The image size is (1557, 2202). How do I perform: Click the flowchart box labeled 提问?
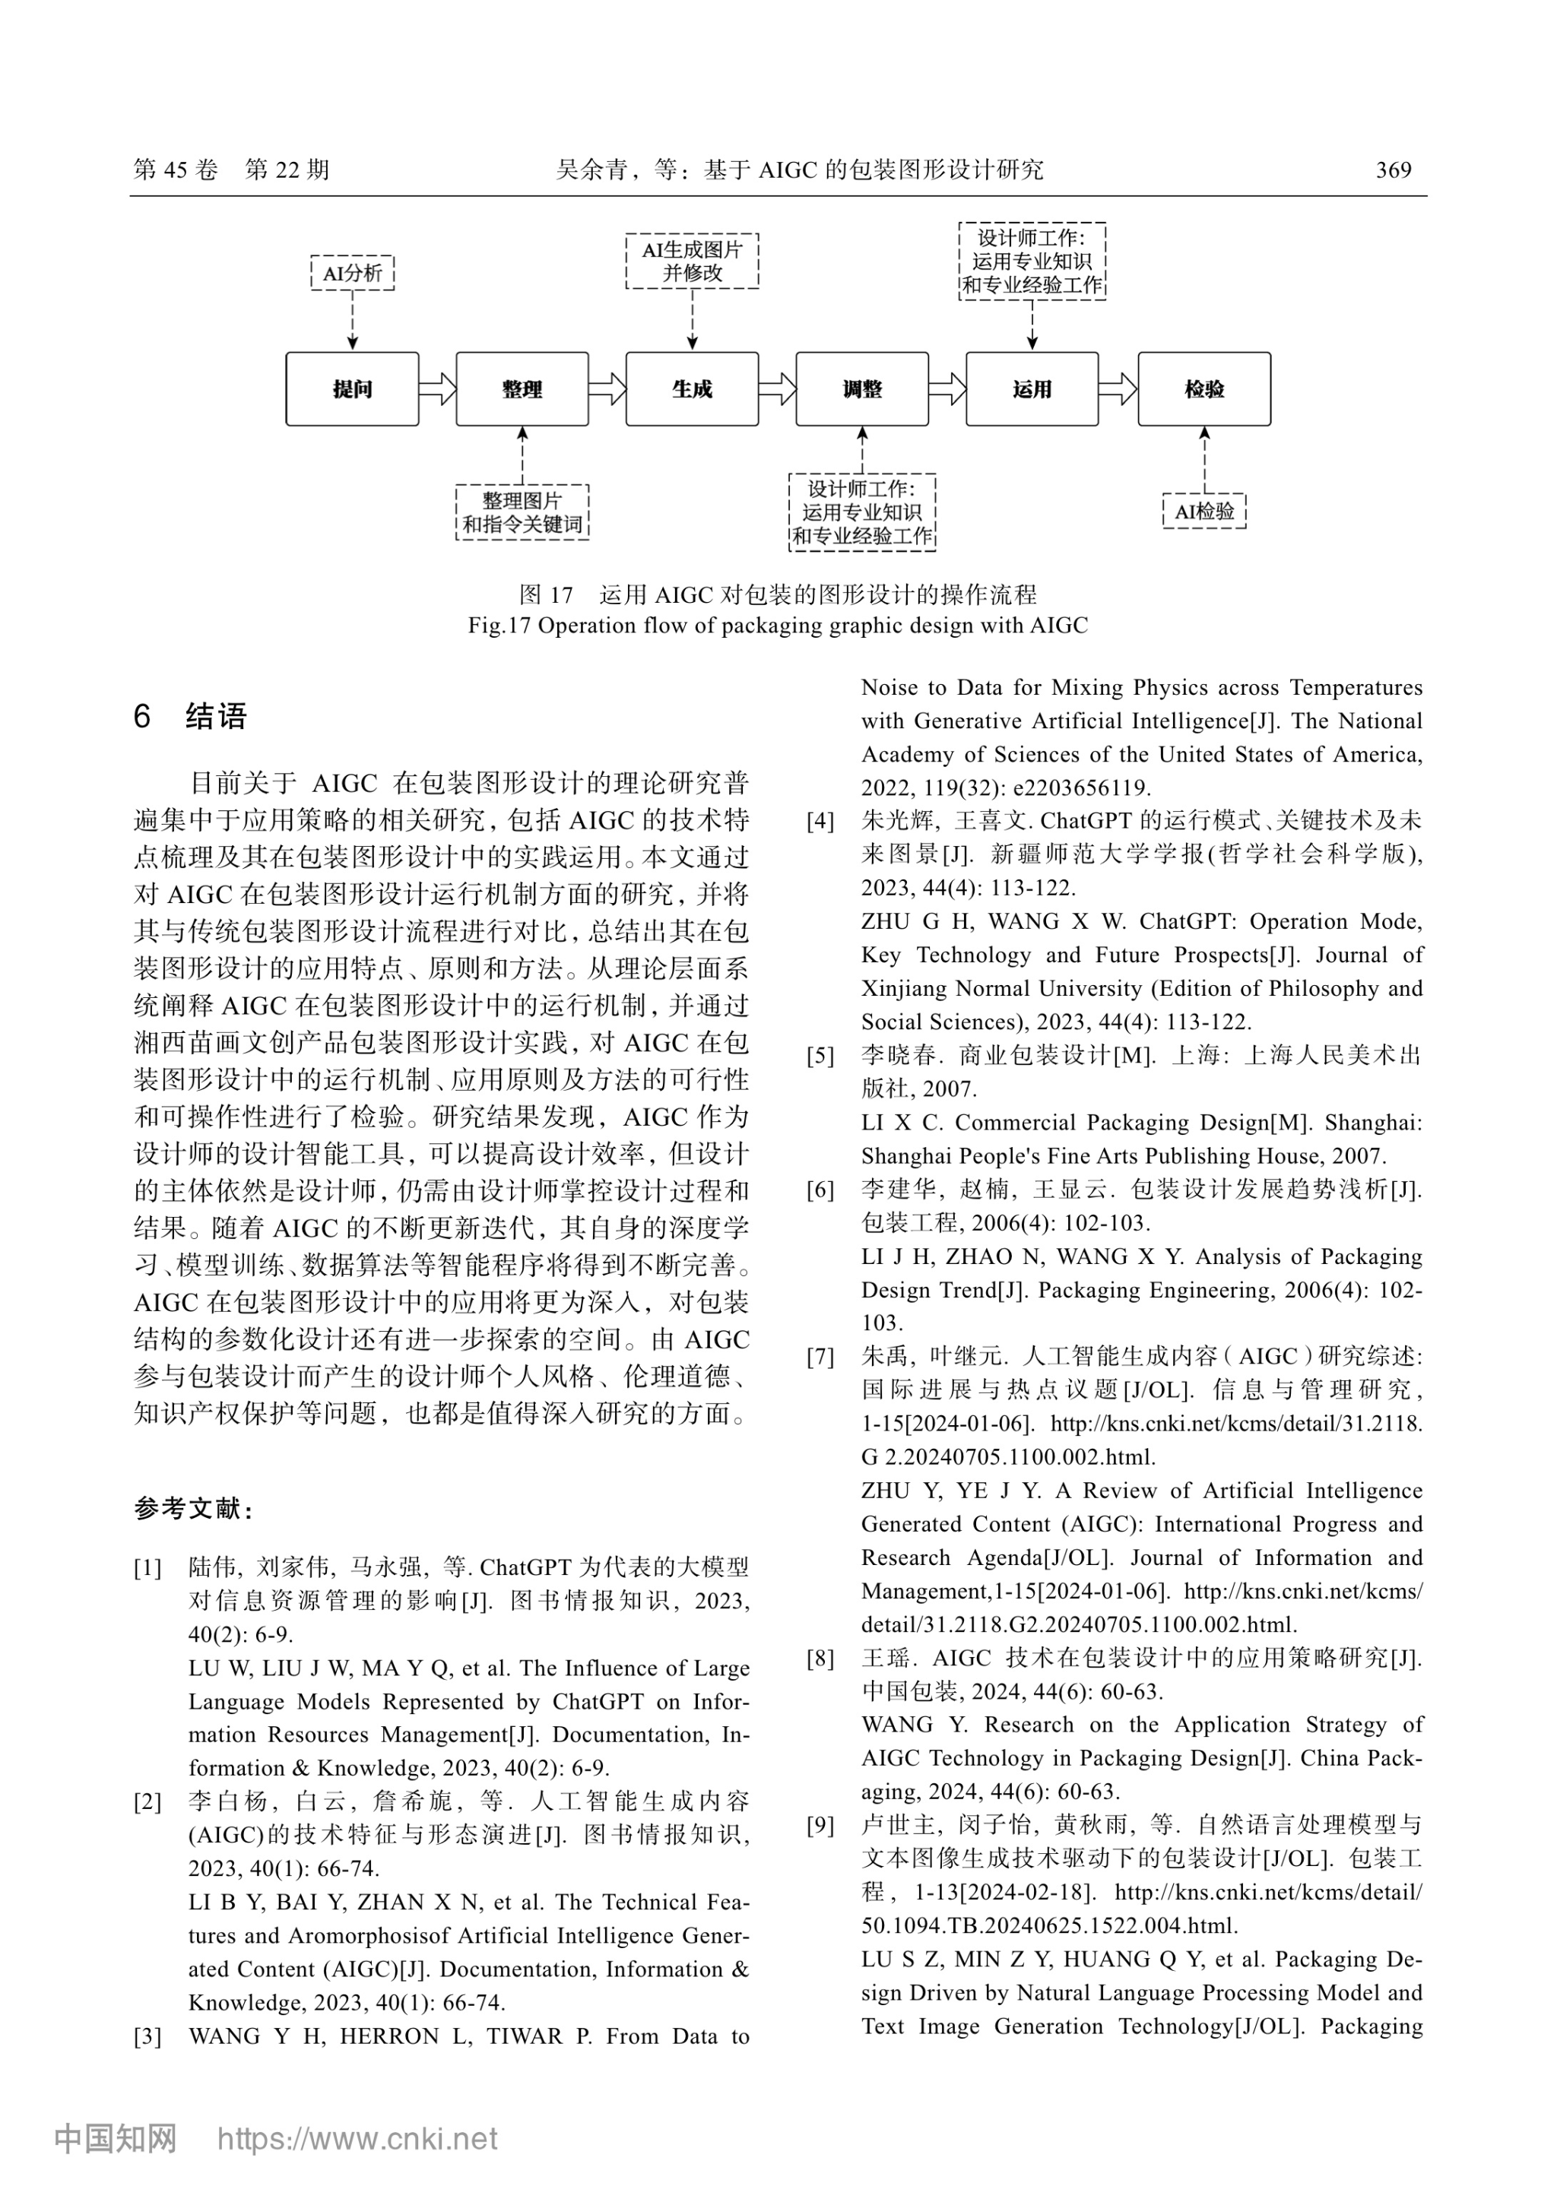[352, 388]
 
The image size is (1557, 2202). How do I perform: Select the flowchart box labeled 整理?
[522, 388]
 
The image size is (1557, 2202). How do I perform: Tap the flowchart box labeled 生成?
[692, 388]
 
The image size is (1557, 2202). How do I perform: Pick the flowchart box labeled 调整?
[861, 388]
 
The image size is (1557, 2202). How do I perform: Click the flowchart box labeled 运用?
[1032, 388]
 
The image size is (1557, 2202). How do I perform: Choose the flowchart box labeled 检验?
[1204, 388]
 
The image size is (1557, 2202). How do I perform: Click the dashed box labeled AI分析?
[352, 274]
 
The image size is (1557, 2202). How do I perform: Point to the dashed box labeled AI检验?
[1204, 512]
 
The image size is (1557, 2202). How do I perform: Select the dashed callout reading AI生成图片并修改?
[692, 261]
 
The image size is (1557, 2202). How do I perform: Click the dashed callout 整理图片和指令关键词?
[522, 512]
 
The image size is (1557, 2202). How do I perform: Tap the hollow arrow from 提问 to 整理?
[437, 388]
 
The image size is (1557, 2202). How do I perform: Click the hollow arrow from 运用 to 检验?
[1118, 388]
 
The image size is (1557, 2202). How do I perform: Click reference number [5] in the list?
[820, 1057]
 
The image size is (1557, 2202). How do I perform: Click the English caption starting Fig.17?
[777, 626]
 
